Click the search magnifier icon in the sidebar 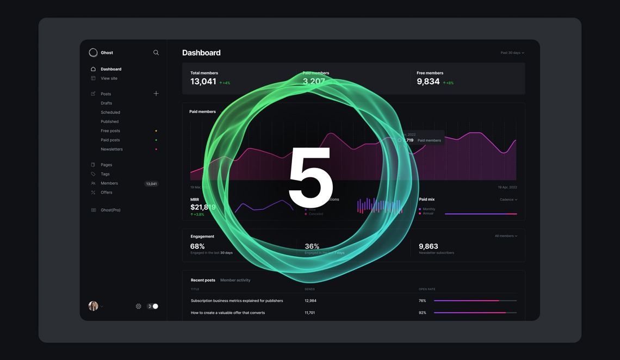(156, 53)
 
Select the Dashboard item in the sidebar (111, 69)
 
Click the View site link (109, 78)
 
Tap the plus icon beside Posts (156, 94)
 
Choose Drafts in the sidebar (106, 103)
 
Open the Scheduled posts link (110, 112)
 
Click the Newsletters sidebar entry (111, 149)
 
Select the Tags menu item (105, 174)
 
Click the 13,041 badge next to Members (151, 184)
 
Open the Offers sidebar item (106, 193)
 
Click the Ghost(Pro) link (110, 210)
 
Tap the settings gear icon (139, 306)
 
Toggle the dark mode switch (153, 306)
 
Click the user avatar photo (93, 306)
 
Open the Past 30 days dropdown (512, 53)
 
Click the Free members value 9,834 (428, 82)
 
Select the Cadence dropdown (508, 200)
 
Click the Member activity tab (235, 280)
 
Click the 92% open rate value (422, 313)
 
